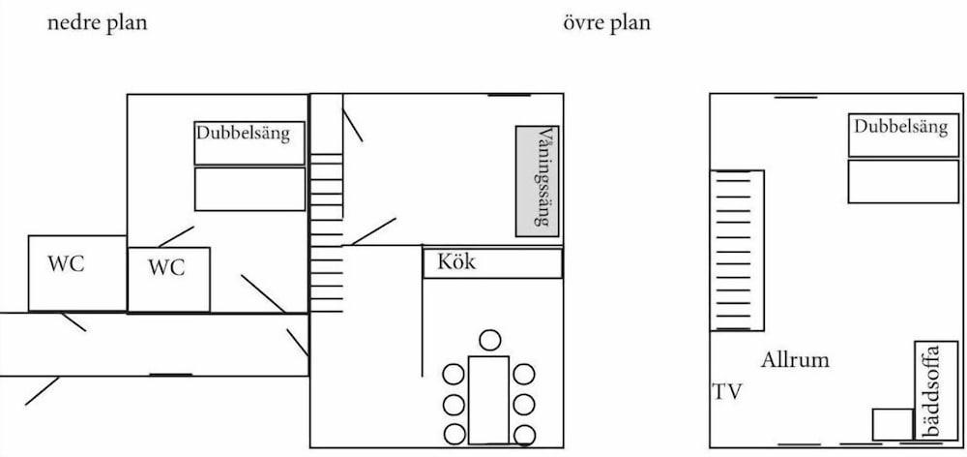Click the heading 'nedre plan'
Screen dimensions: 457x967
click(x=98, y=23)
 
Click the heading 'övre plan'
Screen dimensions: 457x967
click(x=607, y=23)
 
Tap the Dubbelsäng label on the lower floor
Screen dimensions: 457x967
click(x=243, y=134)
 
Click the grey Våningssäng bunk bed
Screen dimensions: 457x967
click(x=539, y=180)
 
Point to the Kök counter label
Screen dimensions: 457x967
click(x=457, y=261)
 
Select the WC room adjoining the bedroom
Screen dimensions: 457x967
click(x=167, y=279)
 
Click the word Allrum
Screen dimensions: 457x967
click(x=795, y=360)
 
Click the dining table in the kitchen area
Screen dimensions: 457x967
click(x=488, y=398)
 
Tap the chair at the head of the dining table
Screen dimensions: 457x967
click(x=491, y=340)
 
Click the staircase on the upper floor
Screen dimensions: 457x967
click(x=738, y=250)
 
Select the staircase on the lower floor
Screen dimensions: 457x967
click(x=326, y=232)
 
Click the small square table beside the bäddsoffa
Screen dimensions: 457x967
click(x=892, y=424)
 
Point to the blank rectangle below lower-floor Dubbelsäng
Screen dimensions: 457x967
click(x=249, y=189)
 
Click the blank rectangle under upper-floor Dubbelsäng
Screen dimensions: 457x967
click(x=903, y=181)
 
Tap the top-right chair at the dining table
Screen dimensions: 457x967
click(x=524, y=373)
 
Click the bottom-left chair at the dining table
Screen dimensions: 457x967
click(x=454, y=434)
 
